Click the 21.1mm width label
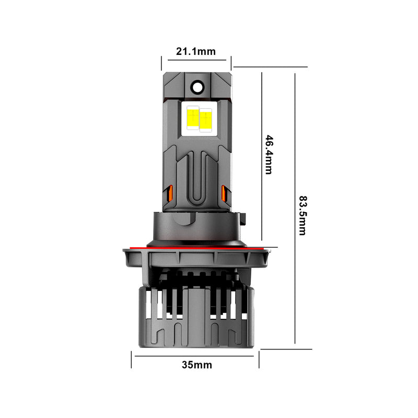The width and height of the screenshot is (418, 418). click(x=196, y=51)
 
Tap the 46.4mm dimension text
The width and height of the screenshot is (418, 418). click(x=268, y=155)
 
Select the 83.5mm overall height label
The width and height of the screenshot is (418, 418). click(x=302, y=215)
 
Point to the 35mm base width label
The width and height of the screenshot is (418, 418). click(x=197, y=365)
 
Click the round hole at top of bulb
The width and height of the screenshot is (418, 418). click(x=197, y=87)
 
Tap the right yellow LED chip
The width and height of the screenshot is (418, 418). click(x=206, y=119)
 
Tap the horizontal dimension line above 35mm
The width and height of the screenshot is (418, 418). click(x=195, y=356)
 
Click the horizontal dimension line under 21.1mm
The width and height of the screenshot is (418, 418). click(x=196, y=59)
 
